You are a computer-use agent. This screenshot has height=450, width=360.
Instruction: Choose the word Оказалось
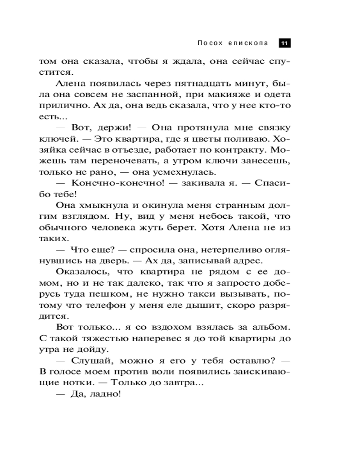pyautogui.click(x=83, y=272)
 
